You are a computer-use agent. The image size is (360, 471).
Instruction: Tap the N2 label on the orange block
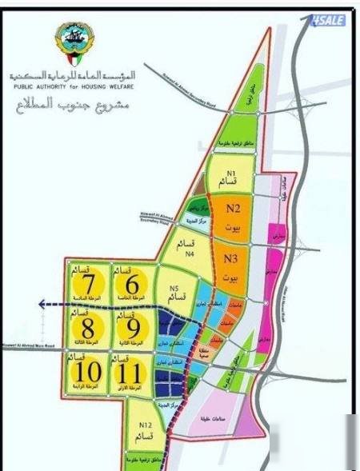[x=234, y=210]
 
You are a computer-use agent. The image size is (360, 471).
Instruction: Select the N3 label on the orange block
[x=231, y=259]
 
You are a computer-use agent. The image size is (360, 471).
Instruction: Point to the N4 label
[x=190, y=253]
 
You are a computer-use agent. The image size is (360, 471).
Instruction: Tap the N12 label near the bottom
[x=145, y=425]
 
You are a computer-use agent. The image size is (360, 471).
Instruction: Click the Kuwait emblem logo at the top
[x=74, y=44]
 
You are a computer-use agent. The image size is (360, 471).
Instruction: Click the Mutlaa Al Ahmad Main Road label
[x=28, y=346]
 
